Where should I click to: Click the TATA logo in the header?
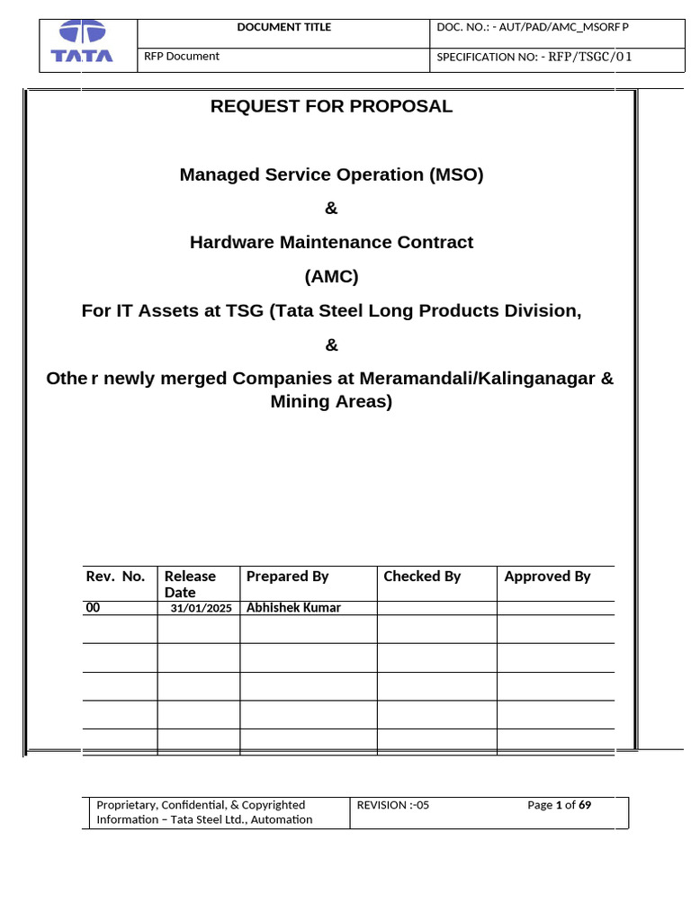point(82,43)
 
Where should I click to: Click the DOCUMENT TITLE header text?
point(283,27)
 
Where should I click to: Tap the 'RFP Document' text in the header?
point(182,56)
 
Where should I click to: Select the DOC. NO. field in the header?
point(533,27)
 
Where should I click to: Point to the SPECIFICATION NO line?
point(534,57)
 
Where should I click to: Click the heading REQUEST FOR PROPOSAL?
point(331,106)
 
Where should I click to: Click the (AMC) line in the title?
point(331,276)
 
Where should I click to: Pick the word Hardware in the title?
point(229,242)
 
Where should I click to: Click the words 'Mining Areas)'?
point(331,401)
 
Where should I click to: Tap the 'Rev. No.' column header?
point(115,577)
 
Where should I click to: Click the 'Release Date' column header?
point(190,584)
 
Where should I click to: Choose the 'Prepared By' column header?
point(287,577)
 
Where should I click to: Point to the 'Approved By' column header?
point(547,577)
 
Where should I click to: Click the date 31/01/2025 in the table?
point(201,608)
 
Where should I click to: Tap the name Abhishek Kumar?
point(293,607)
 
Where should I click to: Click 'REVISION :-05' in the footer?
point(393,805)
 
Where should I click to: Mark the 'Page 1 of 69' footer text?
point(559,805)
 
